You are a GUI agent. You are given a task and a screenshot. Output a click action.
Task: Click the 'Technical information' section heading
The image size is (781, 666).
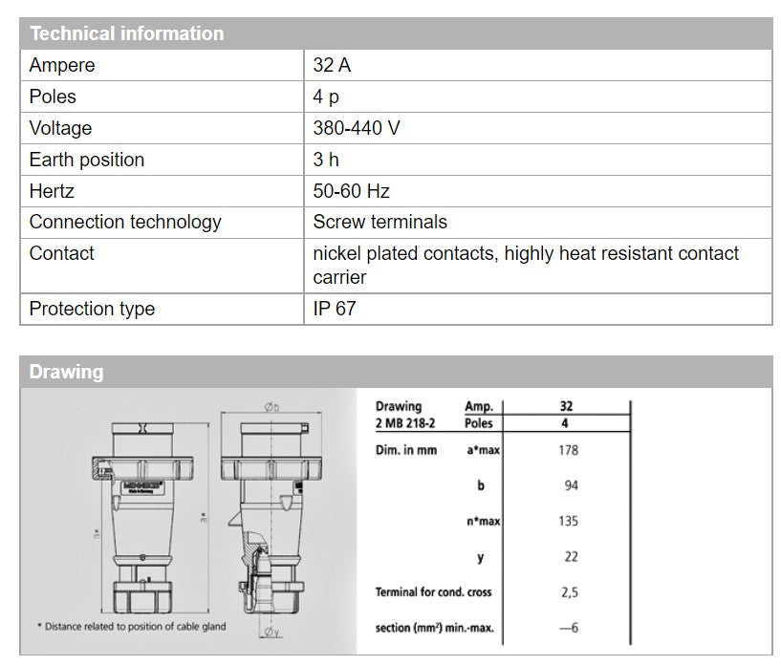coord(126,33)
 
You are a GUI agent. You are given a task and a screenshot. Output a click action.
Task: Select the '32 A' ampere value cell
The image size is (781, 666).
coord(332,66)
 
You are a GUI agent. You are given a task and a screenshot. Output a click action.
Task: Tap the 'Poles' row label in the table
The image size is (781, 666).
coord(53,97)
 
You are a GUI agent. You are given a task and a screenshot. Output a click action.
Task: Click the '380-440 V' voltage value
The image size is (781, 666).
coord(357,129)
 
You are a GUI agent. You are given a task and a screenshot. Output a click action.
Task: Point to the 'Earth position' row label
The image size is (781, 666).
coord(87,161)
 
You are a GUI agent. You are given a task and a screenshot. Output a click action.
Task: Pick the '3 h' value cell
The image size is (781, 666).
coord(326,161)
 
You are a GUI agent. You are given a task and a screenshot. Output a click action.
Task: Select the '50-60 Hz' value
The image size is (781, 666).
coord(351,191)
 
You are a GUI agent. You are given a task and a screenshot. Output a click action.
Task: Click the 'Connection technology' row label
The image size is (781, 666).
coord(125,223)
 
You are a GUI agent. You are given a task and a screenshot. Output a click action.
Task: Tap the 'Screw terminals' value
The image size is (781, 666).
coord(380,223)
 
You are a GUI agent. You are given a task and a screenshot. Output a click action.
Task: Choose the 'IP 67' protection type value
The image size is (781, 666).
coord(335,309)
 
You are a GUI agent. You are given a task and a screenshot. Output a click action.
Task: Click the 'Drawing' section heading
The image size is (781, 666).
coord(66,372)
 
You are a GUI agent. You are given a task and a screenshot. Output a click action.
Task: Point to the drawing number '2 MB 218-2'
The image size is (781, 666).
coord(405,423)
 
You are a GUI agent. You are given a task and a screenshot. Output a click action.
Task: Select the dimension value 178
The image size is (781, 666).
coord(568,450)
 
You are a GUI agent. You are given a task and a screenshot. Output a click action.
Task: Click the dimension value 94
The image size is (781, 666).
coord(571,485)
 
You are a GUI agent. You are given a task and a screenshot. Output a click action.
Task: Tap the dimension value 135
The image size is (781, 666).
coord(568,522)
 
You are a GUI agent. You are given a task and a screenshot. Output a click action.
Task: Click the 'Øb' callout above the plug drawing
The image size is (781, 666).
coord(271,406)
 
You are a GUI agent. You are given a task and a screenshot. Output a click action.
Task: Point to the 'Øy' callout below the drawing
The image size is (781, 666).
coord(271,633)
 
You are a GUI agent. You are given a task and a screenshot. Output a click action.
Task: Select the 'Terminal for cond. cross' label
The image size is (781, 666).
coord(433,592)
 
